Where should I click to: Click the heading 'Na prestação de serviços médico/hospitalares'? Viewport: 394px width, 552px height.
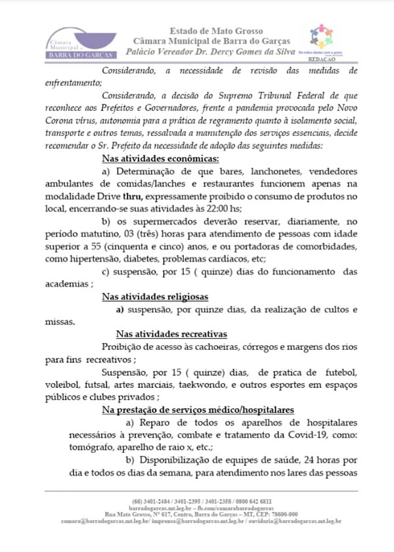click(x=197, y=409)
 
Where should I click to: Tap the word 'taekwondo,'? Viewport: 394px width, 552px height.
click(x=265, y=385)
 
